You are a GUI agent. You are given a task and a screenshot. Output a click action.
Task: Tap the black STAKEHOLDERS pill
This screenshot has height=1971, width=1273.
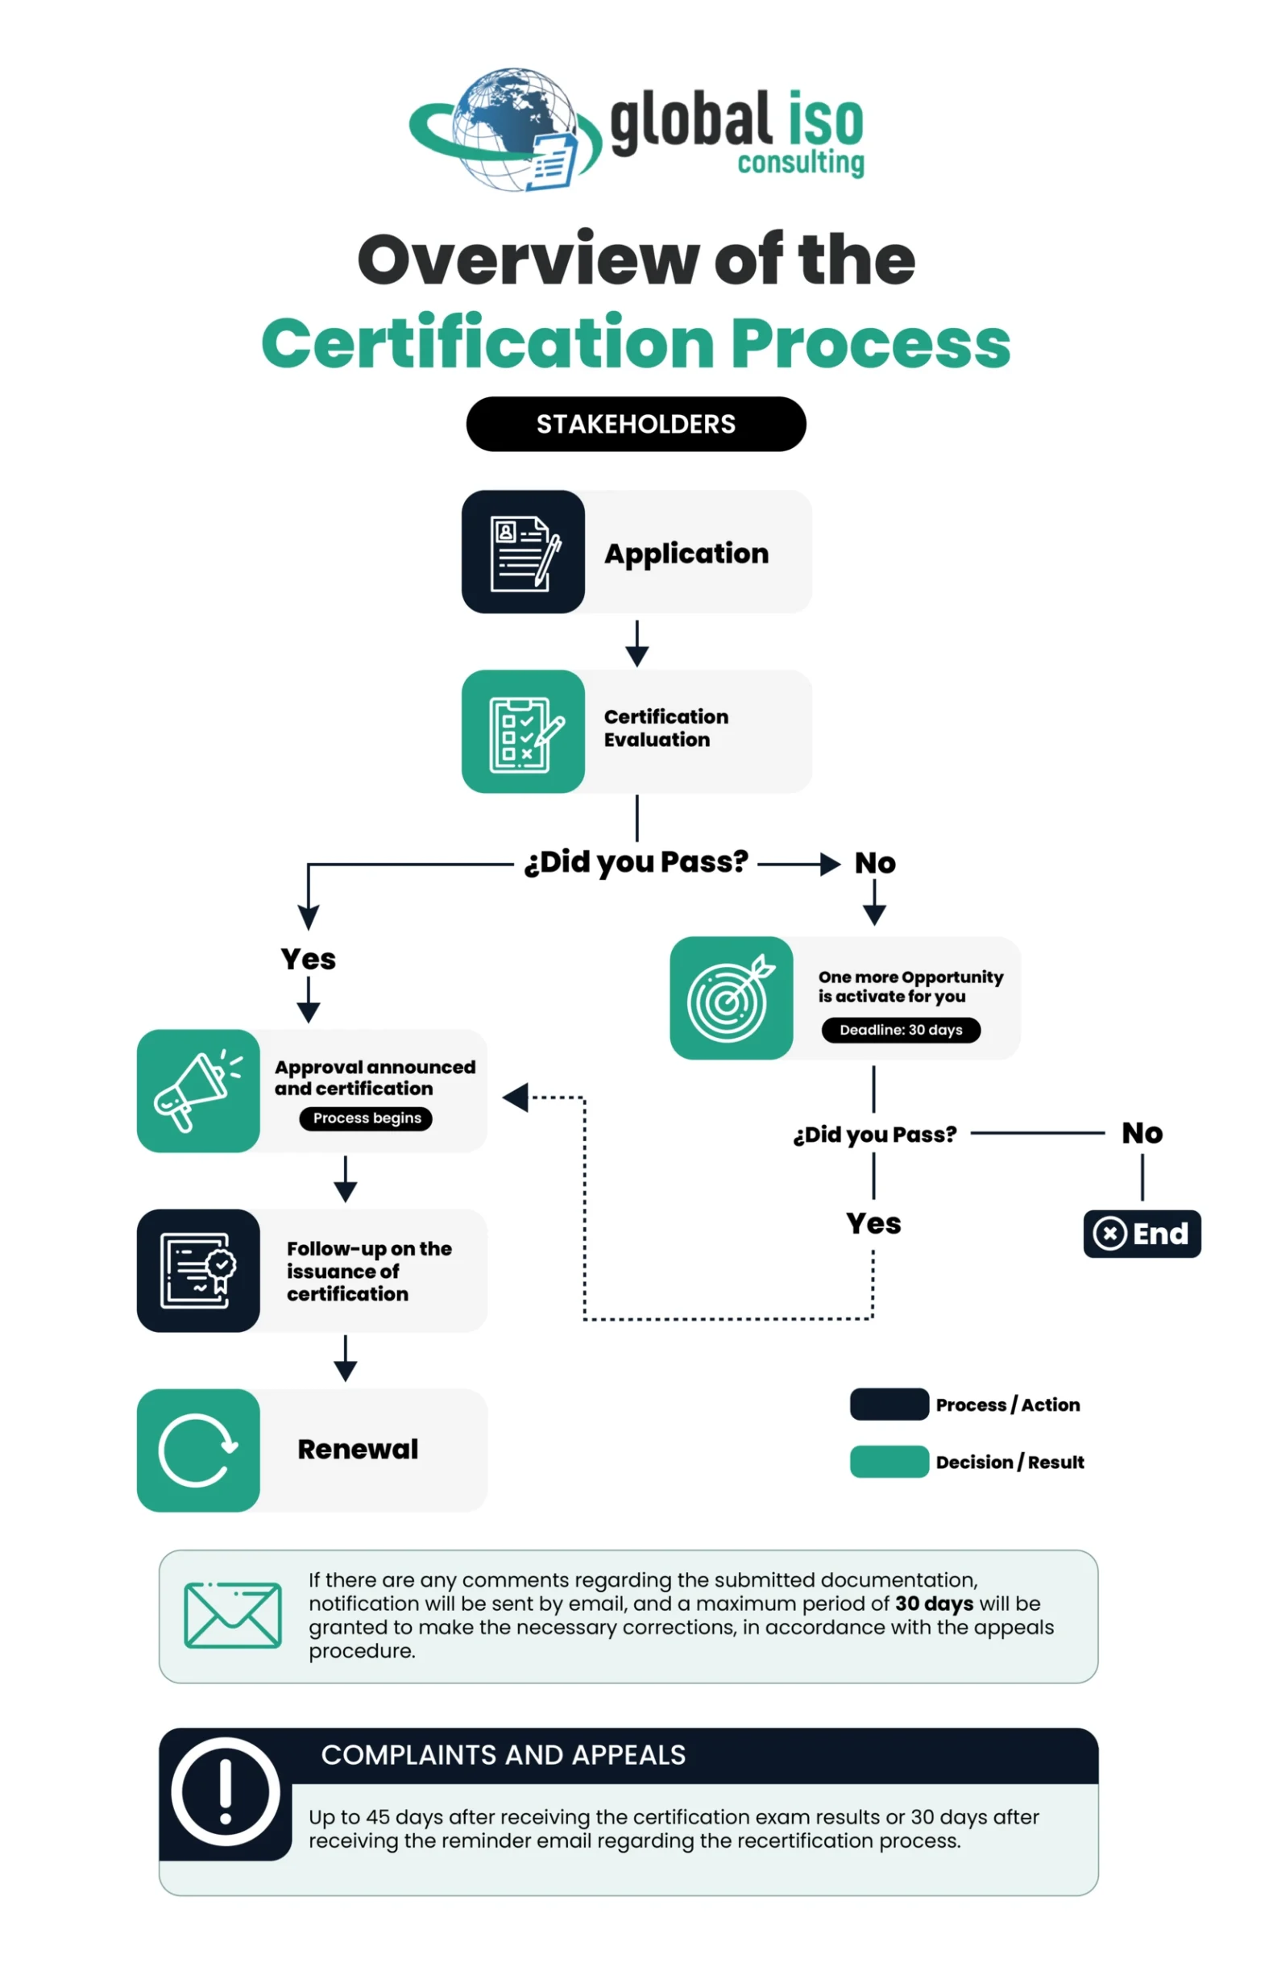(x=636, y=424)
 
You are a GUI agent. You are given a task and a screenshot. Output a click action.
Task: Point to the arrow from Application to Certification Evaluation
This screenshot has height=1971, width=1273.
(x=636, y=643)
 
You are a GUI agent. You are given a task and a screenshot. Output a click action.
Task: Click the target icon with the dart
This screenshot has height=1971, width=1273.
(x=731, y=998)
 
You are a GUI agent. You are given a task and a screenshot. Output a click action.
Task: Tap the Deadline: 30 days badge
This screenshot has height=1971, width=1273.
(x=901, y=1029)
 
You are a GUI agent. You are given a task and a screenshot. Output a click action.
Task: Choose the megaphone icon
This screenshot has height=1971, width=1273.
(x=198, y=1090)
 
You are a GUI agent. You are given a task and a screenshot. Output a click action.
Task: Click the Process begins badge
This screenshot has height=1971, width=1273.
(x=367, y=1118)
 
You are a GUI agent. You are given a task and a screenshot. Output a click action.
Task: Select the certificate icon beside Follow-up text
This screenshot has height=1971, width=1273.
(x=198, y=1270)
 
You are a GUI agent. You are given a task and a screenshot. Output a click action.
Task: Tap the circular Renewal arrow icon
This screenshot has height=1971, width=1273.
(x=198, y=1450)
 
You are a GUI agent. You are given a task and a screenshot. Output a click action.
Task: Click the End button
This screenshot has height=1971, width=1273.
(x=1142, y=1234)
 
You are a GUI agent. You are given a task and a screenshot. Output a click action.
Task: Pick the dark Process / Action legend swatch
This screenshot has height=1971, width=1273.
(x=889, y=1404)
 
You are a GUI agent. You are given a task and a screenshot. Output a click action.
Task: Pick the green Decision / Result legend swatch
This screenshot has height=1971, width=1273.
(x=889, y=1461)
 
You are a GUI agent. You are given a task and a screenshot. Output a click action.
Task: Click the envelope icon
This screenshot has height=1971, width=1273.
(x=233, y=1615)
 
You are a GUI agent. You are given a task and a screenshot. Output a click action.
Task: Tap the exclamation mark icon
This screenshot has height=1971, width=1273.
(x=225, y=1791)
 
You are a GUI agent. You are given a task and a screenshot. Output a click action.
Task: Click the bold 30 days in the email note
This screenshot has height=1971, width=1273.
(x=934, y=1604)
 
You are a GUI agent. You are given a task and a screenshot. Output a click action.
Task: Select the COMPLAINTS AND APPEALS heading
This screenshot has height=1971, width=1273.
(x=504, y=1754)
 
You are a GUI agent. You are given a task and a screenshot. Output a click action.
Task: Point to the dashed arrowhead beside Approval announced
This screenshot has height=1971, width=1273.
(x=516, y=1098)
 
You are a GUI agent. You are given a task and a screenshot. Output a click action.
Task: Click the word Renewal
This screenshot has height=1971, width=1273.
(x=358, y=1450)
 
